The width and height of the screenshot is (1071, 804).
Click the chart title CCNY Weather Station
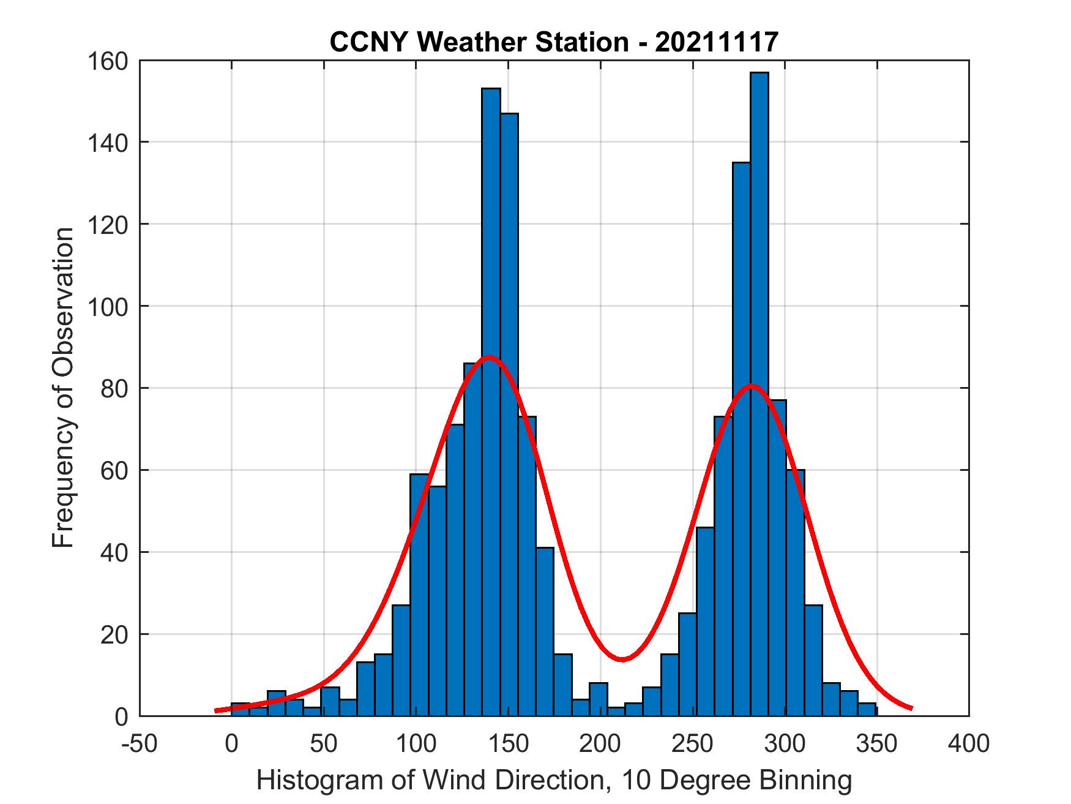(x=554, y=42)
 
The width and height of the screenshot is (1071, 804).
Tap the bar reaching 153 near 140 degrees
(x=491, y=245)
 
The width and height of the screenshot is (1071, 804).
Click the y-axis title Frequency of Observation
(x=63, y=388)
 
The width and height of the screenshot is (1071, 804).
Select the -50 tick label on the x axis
(x=140, y=743)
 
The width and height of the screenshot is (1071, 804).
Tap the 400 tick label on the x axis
(x=969, y=743)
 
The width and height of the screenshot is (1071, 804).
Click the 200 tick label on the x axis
(x=600, y=743)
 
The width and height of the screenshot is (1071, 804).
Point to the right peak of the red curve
(x=751, y=386)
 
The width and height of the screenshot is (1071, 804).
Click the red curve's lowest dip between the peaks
(x=622, y=659)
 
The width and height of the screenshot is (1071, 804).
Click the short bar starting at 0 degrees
(x=241, y=710)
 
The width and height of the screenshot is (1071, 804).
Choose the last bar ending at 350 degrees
(x=867, y=710)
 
